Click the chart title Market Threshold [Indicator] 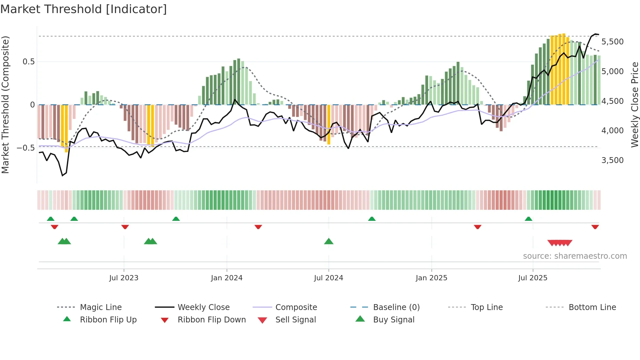pyautogui.click(x=84, y=9)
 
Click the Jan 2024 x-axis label pyautogui.click(x=227, y=278)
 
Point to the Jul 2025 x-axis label pyautogui.click(x=533, y=278)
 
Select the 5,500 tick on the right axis pyautogui.click(x=612, y=42)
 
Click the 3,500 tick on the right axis pyautogui.click(x=612, y=160)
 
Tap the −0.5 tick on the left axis pyautogui.click(x=25, y=148)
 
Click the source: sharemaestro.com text pyautogui.click(x=575, y=256)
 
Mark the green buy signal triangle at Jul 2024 pyautogui.click(x=329, y=242)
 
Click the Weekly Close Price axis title pyautogui.click(x=634, y=105)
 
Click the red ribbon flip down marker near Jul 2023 pyautogui.click(x=125, y=227)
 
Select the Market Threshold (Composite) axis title pyautogui.click(x=5, y=105)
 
